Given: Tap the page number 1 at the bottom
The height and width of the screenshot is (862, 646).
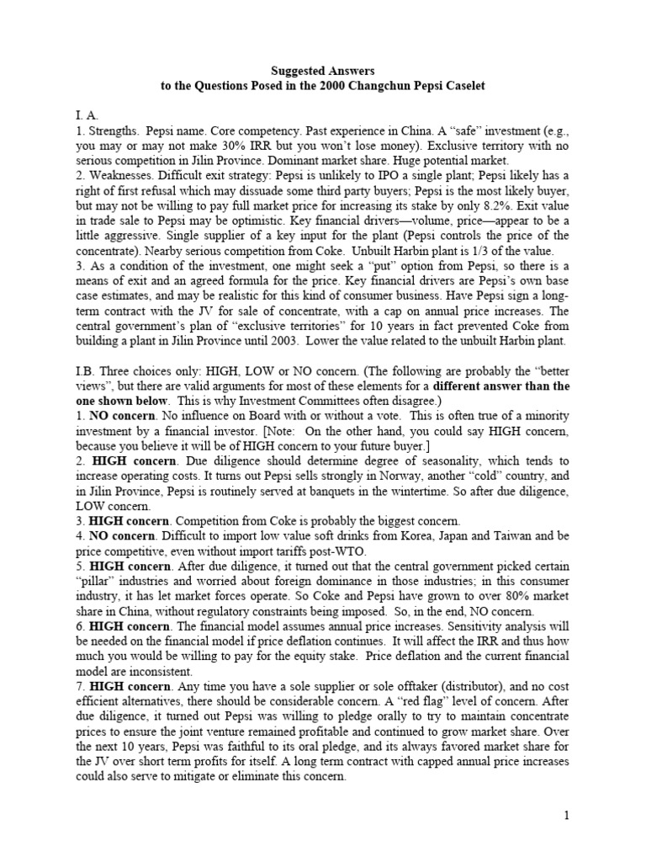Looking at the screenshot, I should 567,815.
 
